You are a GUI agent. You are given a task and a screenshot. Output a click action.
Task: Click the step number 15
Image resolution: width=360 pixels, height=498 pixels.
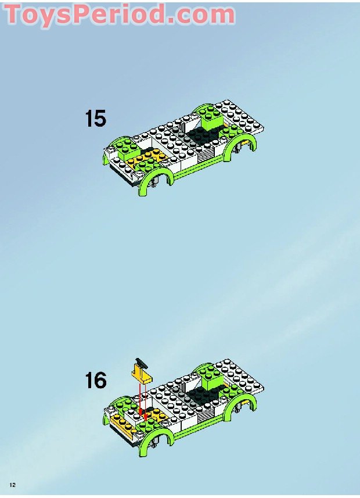pyautogui.click(x=96, y=119)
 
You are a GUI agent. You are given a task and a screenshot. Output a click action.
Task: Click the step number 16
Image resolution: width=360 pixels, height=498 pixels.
pyautogui.click(x=96, y=381)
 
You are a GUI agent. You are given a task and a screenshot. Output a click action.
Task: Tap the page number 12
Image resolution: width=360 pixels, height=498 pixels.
pyautogui.click(x=12, y=485)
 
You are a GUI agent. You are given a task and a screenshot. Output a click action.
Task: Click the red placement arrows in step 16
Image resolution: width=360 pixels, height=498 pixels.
pyautogui.click(x=139, y=399)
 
